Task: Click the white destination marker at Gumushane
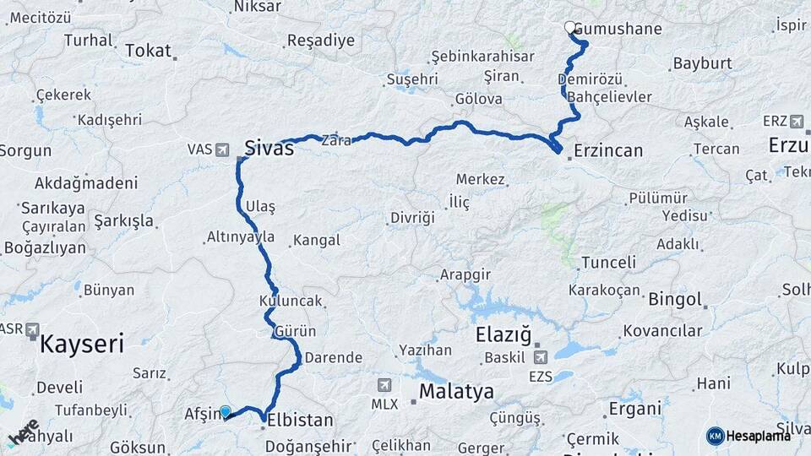click(x=570, y=28)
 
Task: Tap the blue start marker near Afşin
click(x=226, y=411)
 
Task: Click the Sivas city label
click(x=269, y=149)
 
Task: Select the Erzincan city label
click(x=607, y=151)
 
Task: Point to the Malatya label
click(x=456, y=391)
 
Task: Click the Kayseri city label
click(x=82, y=344)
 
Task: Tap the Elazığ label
click(x=503, y=334)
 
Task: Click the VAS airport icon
click(x=222, y=149)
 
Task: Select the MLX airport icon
click(x=385, y=385)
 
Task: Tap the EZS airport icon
click(x=540, y=358)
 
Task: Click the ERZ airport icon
click(x=797, y=121)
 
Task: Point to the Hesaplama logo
click(x=748, y=435)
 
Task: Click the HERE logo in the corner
click(x=23, y=433)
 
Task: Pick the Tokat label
click(x=148, y=51)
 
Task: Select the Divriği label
click(x=412, y=218)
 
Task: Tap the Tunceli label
click(x=608, y=263)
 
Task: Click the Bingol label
click(x=676, y=299)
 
